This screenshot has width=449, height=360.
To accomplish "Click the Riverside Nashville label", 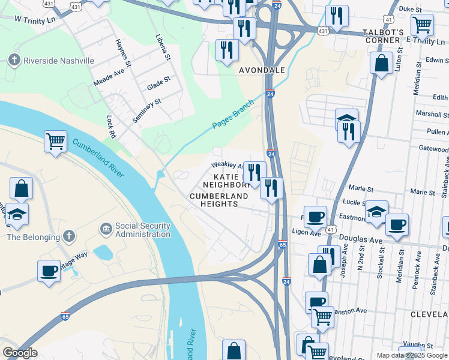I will tap(59, 61).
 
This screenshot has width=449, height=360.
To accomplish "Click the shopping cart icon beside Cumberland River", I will tap(55, 142).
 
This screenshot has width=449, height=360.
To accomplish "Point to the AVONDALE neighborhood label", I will tap(262, 70).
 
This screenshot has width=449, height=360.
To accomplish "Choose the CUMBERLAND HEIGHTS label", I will tap(218, 200).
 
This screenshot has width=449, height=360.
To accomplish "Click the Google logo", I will tap(19, 352).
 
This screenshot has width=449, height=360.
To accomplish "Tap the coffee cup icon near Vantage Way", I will tap(48, 270).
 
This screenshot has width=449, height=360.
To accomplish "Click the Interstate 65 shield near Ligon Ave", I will tap(283, 244).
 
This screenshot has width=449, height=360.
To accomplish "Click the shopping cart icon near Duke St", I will tap(423, 25).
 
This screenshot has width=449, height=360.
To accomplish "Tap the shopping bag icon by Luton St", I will tap(381, 62).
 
